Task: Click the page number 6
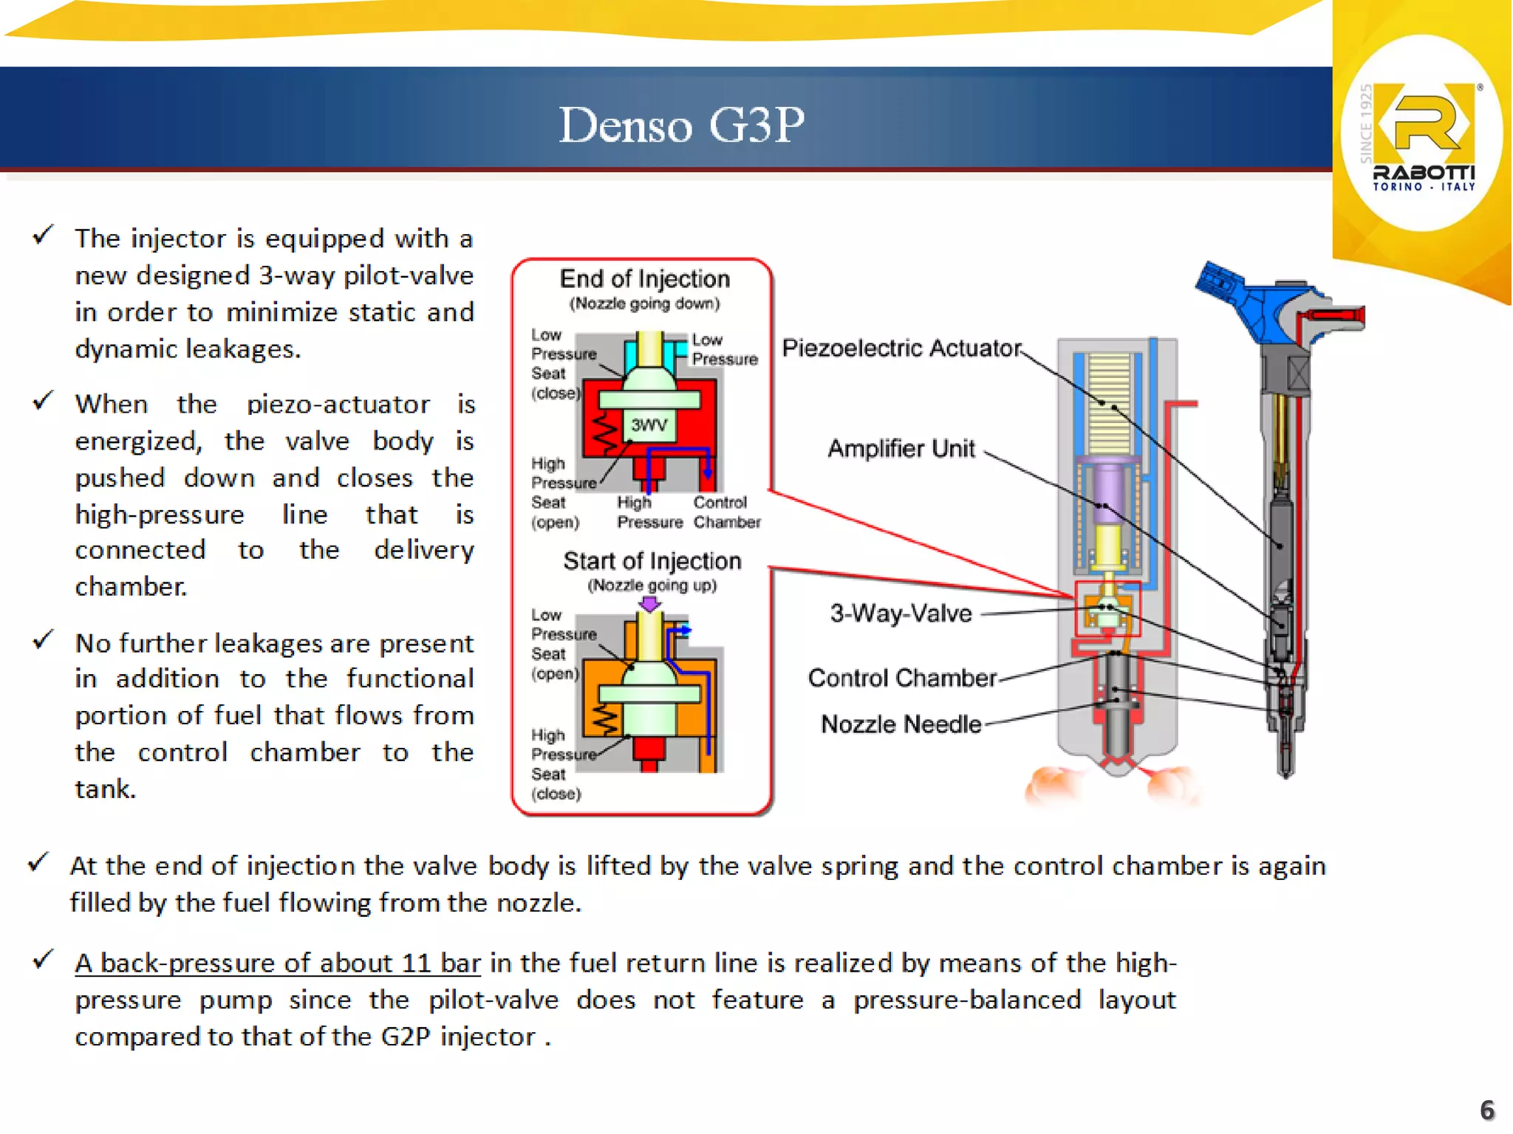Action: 1486,1110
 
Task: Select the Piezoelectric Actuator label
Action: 901,348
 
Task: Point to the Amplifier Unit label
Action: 901,448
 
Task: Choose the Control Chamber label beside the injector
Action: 901,678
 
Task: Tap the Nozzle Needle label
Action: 901,724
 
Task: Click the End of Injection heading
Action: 644,279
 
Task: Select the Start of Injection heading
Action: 652,561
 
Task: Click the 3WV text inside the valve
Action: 649,425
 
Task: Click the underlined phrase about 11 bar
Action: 278,963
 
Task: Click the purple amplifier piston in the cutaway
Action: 1107,491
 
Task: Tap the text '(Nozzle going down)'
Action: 644,303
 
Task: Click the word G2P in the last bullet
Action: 406,1037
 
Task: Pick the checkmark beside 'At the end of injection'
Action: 38,862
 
